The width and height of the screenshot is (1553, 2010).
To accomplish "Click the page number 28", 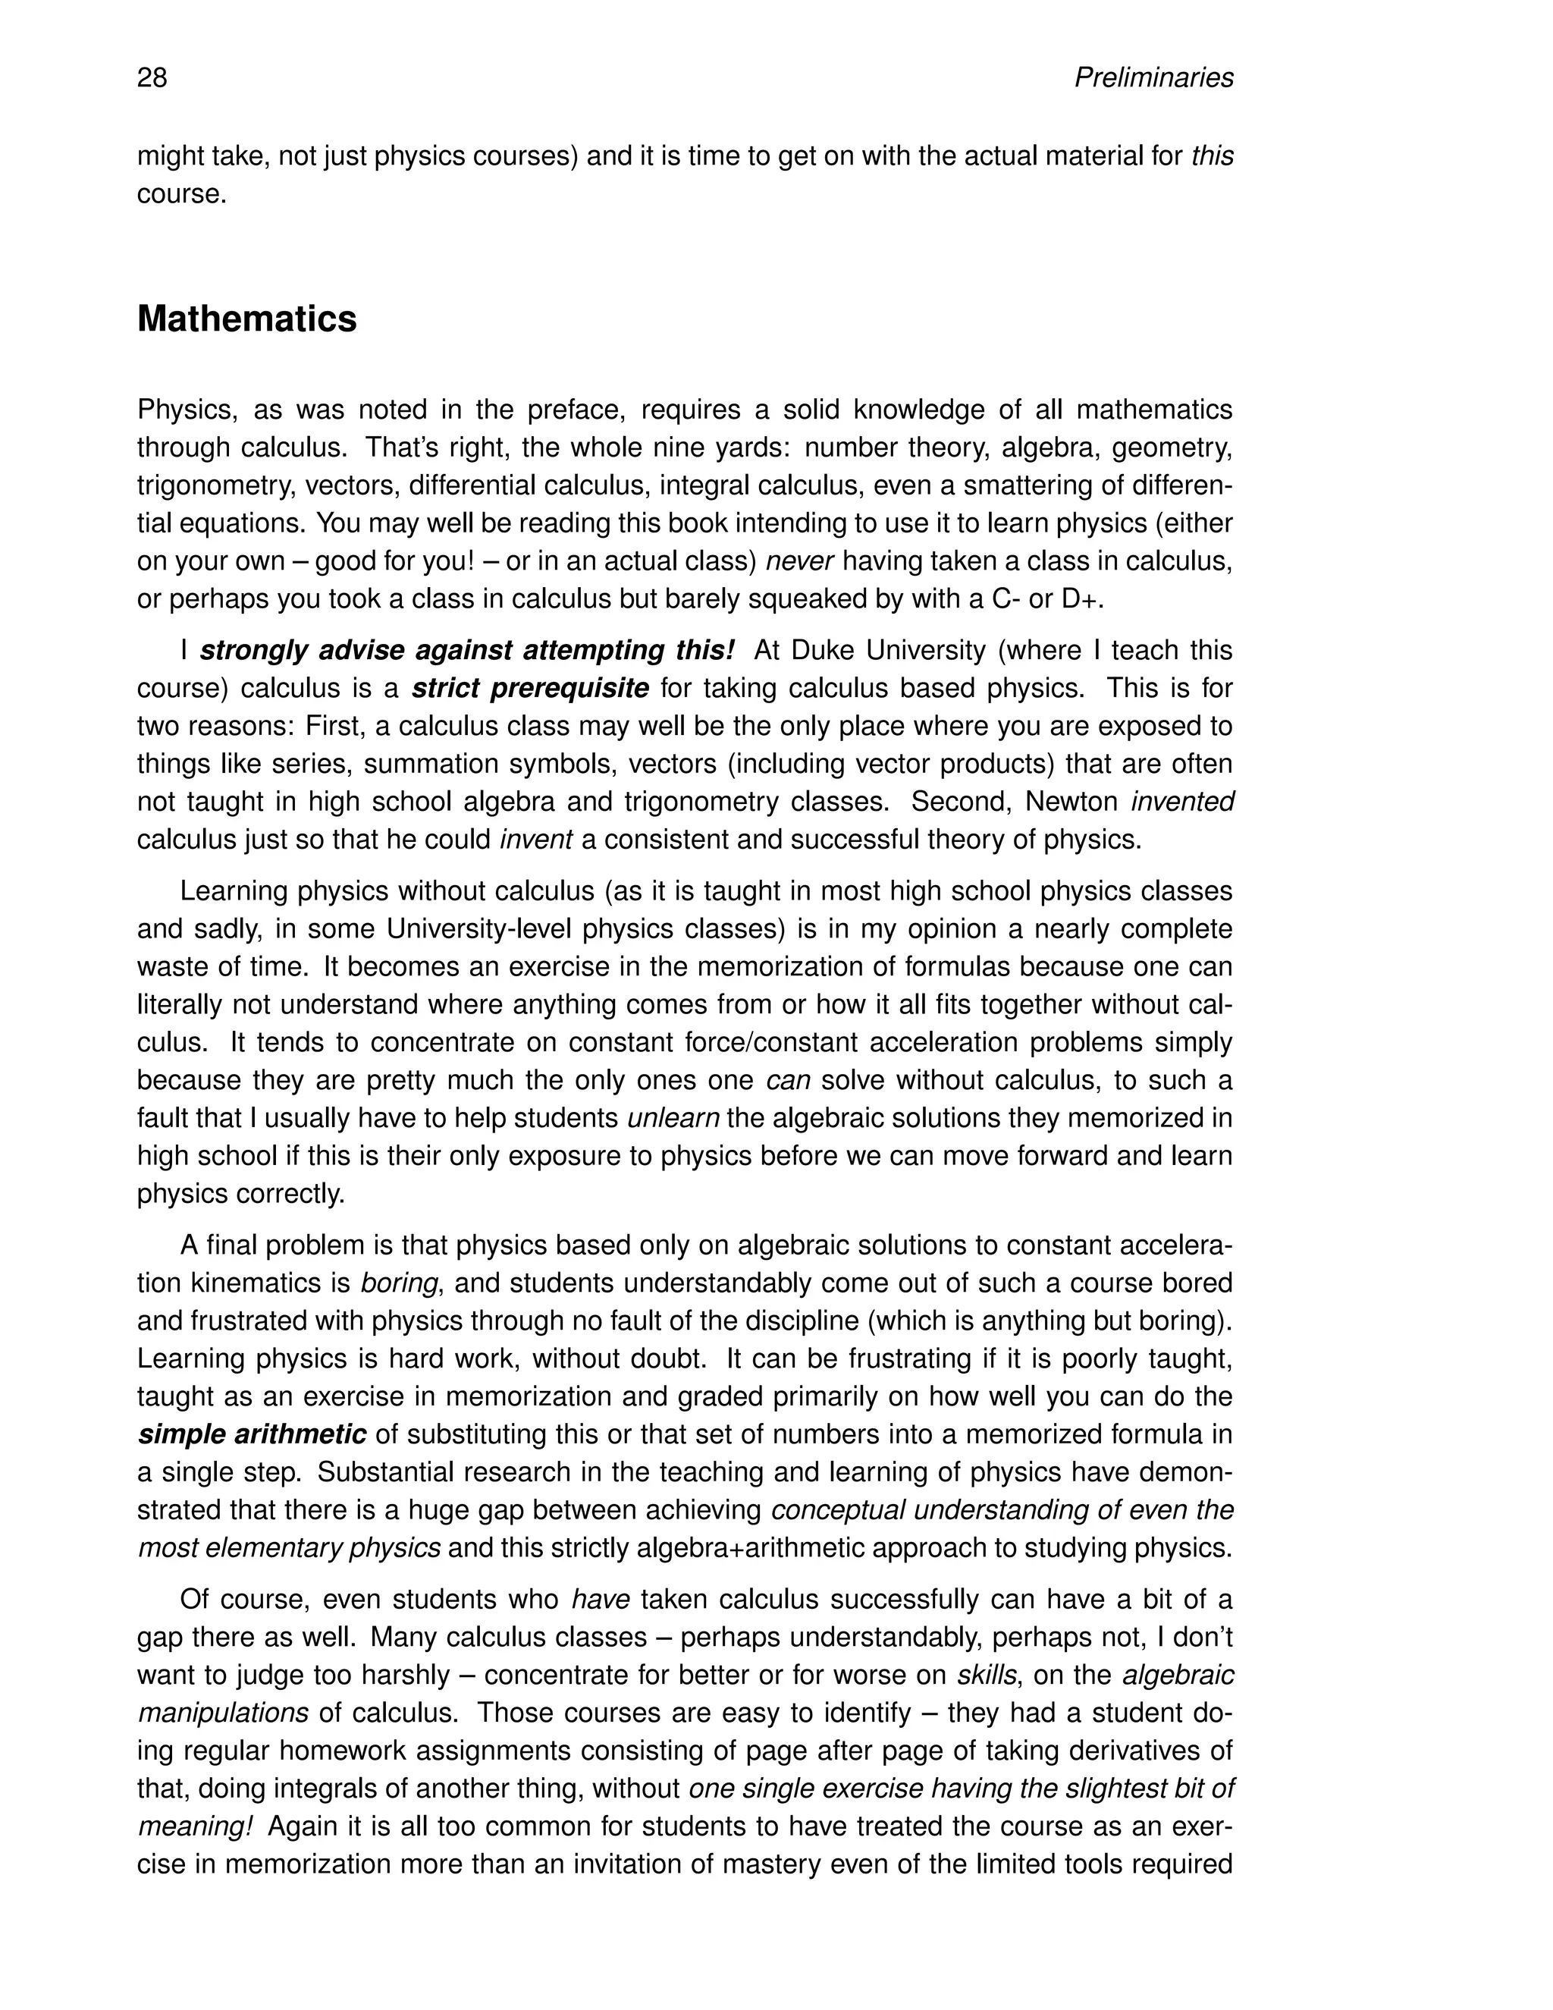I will coord(152,78).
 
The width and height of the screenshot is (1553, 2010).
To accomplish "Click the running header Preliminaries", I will coord(1153,78).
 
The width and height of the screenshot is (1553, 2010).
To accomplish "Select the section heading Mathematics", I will coord(246,319).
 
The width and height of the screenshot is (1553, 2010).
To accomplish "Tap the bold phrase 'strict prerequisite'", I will coord(530,689).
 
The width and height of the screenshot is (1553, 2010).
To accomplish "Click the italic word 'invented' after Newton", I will coord(1182,802).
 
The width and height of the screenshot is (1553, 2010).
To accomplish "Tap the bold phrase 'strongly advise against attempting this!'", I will coord(467,651).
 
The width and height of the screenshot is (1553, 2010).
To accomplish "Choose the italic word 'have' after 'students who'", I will coord(600,1600).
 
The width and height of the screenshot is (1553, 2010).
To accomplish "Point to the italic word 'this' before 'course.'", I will coord(1212,157).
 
